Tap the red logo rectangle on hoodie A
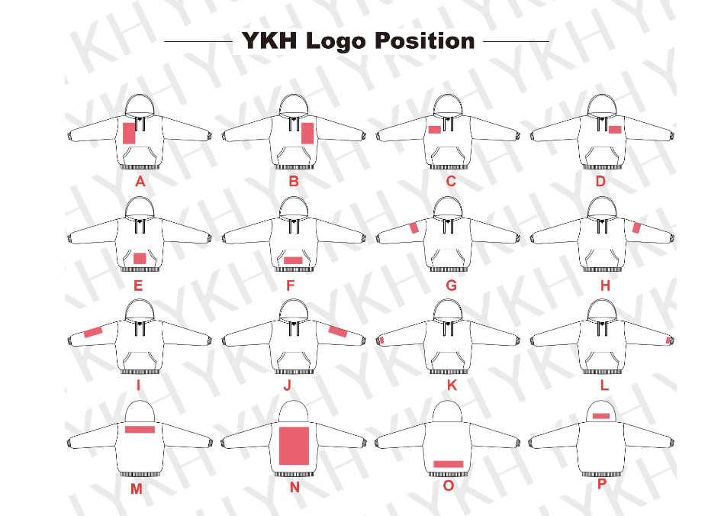coord(129,133)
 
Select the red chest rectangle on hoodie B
coord(307,133)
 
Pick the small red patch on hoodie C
coord(434,130)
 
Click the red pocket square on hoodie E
coord(140,259)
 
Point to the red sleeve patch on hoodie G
coord(414,227)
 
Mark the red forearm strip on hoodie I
coord(93,331)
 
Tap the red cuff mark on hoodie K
coord(381,340)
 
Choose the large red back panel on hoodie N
coord(294,446)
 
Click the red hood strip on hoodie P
coord(601,416)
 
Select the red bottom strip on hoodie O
coord(448,464)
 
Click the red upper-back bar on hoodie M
coord(140,430)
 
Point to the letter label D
coord(600,182)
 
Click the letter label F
coord(290,286)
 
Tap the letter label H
coord(605,286)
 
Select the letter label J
coord(287,385)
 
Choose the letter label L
coord(604,385)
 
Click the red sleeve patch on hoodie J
coord(337,331)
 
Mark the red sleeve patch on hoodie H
coord(637,227)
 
